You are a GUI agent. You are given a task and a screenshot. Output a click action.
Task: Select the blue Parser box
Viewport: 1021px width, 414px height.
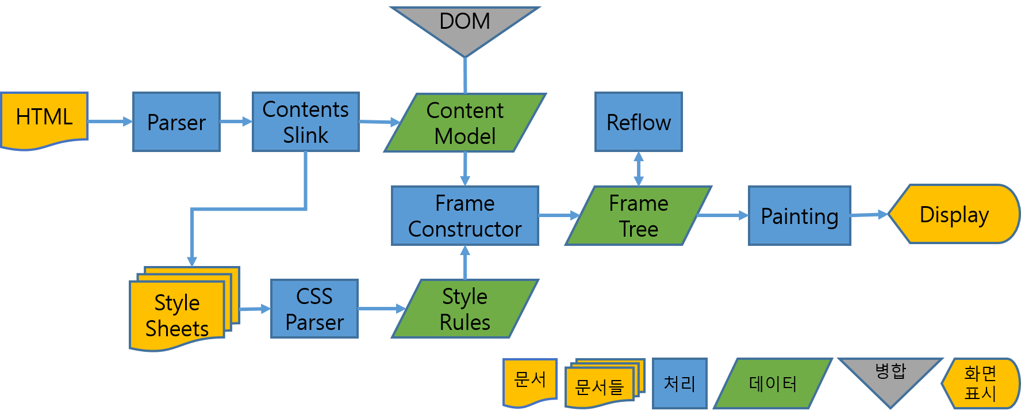point(176,122)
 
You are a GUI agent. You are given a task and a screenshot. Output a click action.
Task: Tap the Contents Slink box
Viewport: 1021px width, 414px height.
point(305,122)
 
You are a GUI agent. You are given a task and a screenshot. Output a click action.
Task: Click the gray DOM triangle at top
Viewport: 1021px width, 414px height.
point(465,26)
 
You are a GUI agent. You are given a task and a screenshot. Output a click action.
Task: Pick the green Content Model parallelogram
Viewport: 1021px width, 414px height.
point(465,123)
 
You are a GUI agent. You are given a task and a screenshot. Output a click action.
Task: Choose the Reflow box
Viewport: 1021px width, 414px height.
point(638,122)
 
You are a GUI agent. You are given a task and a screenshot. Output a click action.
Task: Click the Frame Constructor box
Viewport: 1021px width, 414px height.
point(465,216)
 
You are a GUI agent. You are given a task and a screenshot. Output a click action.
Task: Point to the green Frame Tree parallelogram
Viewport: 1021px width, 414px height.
point(638,216)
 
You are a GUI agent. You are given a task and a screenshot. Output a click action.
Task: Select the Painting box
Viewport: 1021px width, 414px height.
point(799,216)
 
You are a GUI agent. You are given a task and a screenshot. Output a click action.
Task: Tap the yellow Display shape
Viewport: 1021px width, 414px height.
point(954,214)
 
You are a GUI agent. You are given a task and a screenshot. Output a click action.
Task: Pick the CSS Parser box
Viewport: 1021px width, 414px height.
point(314,309)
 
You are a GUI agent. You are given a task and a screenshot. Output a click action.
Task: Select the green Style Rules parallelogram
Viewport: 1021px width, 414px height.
point(465,309)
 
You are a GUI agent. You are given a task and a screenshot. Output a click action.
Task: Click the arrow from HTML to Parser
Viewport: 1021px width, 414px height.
point(110,121)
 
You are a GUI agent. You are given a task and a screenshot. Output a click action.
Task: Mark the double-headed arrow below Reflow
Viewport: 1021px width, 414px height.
point(638,169)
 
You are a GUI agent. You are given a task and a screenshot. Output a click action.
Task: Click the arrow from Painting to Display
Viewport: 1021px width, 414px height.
point(869,215)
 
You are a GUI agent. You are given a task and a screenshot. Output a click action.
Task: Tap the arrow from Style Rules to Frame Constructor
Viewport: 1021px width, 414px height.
point(465,263)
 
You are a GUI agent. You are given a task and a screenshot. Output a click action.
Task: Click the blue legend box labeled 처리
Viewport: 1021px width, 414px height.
point(680,383)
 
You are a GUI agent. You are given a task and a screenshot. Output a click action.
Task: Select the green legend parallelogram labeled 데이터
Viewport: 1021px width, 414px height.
point(773,383)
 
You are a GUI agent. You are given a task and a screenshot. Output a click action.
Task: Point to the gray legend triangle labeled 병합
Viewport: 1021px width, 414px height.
point(890,377)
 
